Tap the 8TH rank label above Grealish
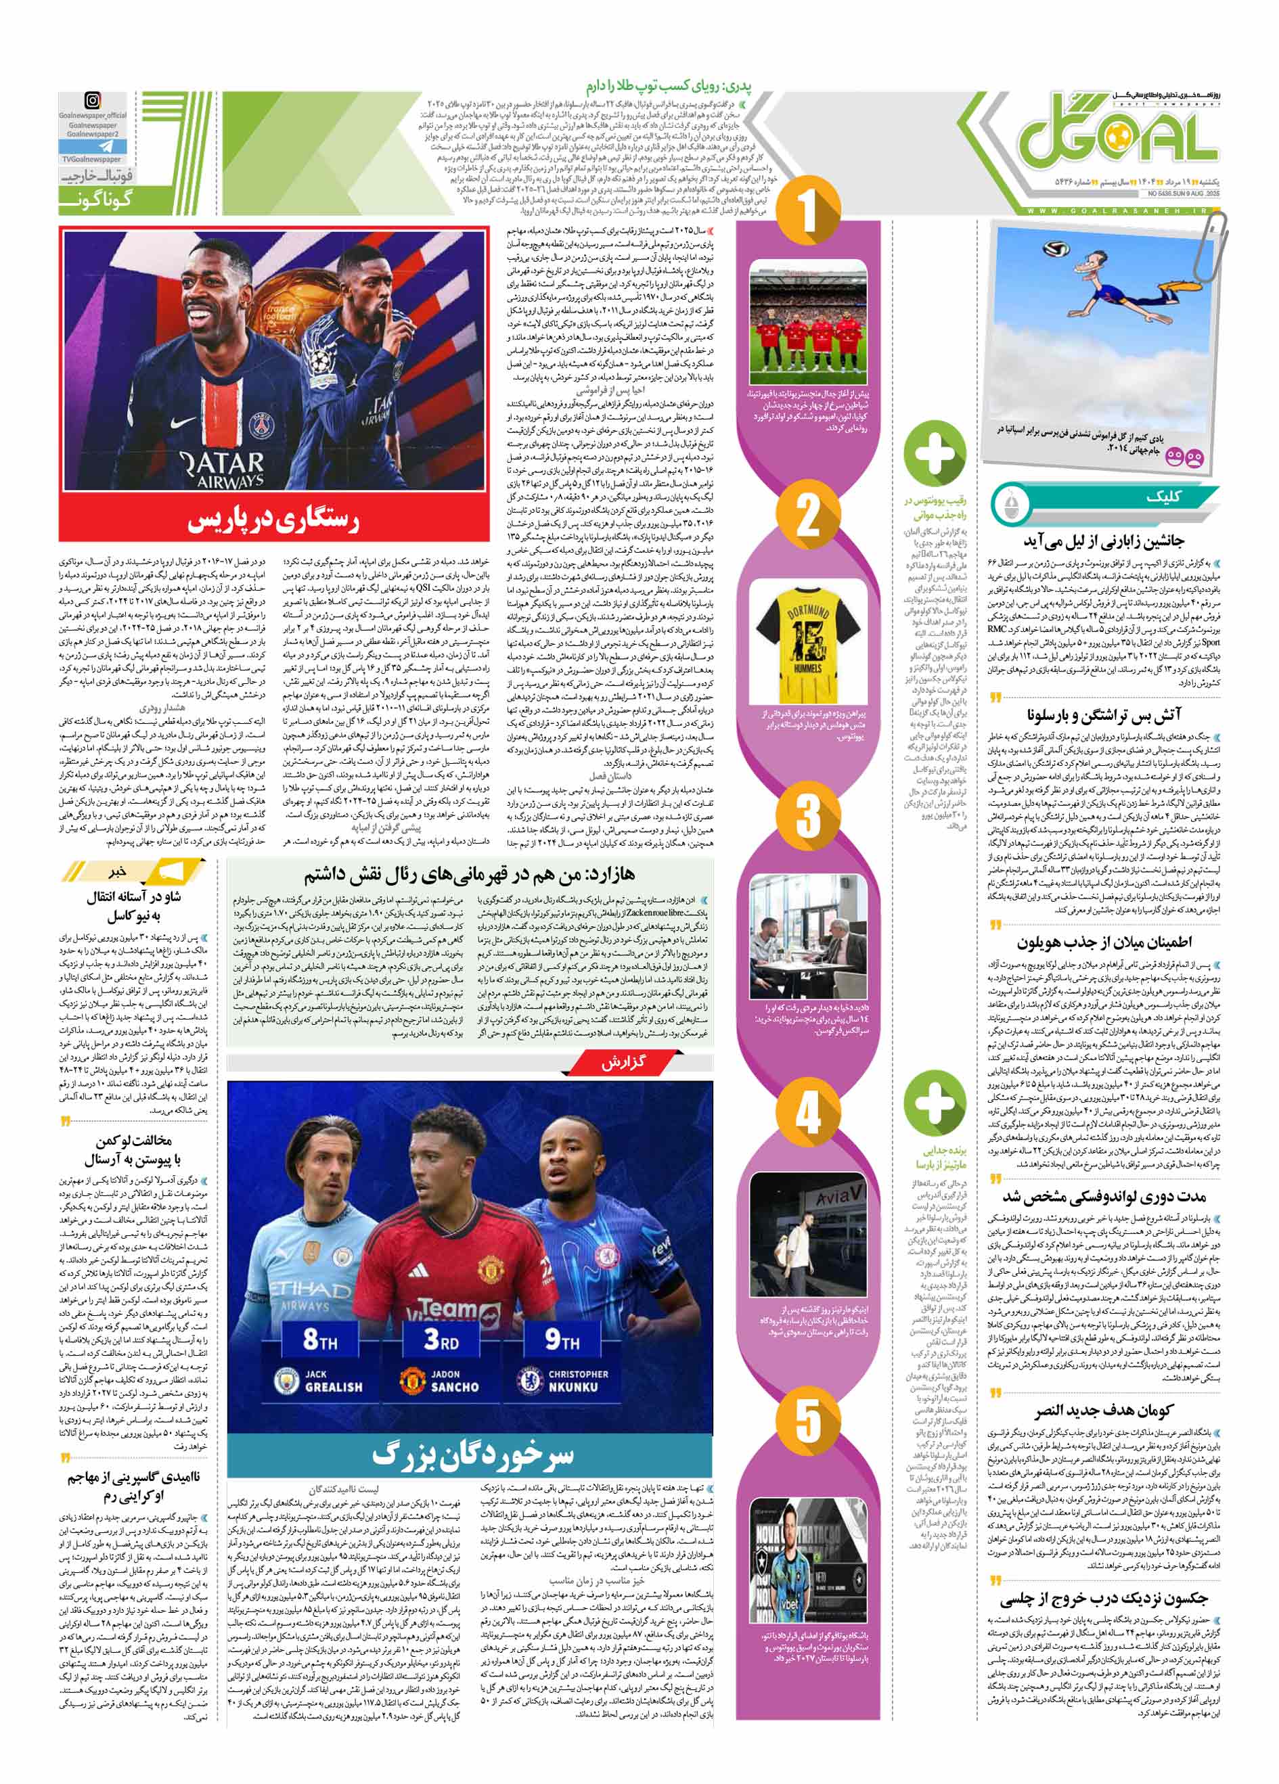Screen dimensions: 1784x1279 pos(319,1338)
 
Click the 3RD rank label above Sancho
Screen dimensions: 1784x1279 pos(441,1338)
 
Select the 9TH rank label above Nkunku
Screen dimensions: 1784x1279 pos(562,1338)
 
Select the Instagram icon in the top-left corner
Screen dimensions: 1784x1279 pos(93,100)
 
